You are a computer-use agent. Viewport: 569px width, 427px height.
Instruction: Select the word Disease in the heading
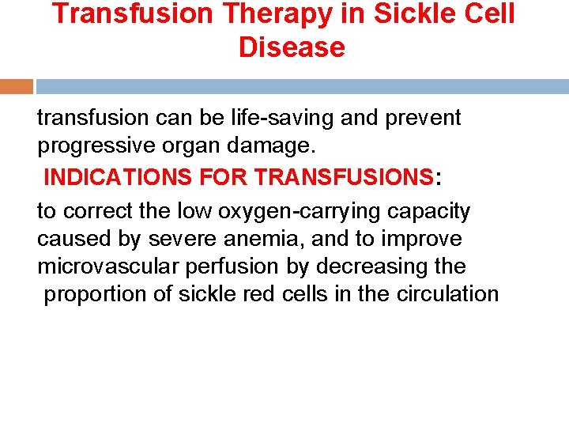coord(292,47)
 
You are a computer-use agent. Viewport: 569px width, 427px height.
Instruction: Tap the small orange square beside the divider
coord(17,86)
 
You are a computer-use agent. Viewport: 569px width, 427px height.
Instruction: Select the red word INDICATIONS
coord(107,177)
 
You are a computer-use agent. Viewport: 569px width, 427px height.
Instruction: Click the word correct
coord(100,212)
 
